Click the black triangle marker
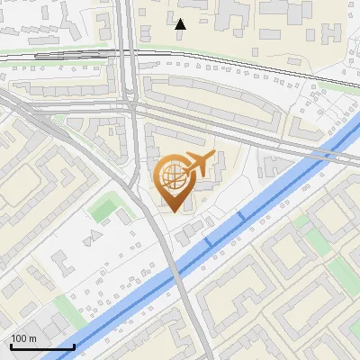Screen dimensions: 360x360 [180, 24]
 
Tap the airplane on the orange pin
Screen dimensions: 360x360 [197, 165]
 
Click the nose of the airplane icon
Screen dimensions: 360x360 [212, 157]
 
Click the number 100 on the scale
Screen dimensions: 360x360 [18, 338]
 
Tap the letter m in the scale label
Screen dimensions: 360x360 [31, 338]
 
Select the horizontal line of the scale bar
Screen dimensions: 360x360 [41, 346]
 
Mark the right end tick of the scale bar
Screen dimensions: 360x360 [74, 345]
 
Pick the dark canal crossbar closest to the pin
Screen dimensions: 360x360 [209, 242]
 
